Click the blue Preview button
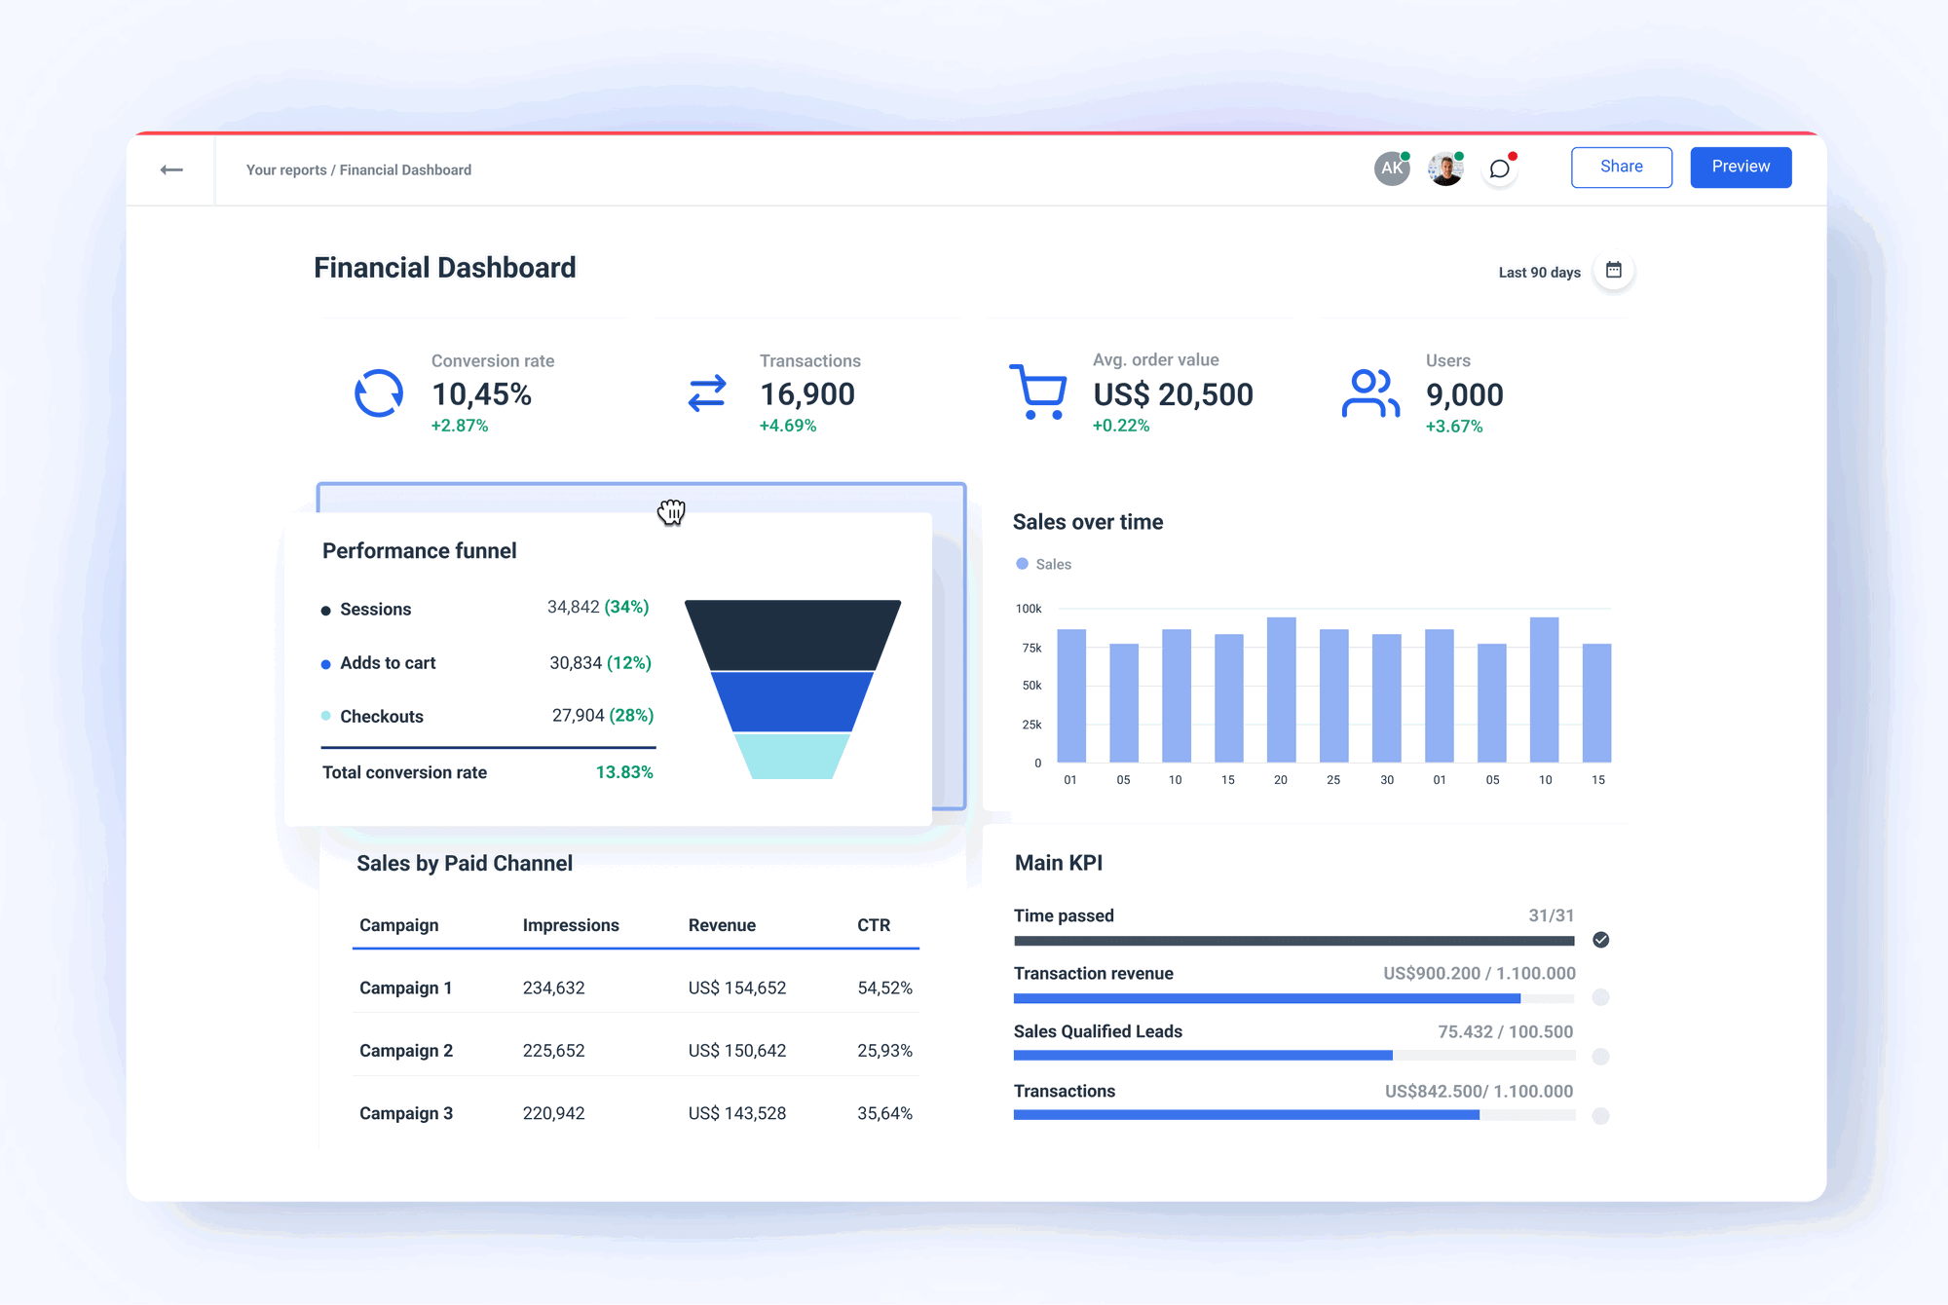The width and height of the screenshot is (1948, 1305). click(1740, 168)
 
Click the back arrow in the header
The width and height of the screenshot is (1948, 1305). click(171, 169)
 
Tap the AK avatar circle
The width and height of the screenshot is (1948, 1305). click(1391, 168)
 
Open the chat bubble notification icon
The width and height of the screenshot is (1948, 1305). click(1500, 169)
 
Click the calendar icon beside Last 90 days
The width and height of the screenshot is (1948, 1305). click(1613, 271)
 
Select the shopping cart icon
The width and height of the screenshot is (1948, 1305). click(1038, 391)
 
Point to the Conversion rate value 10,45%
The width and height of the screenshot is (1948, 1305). click(481, 394)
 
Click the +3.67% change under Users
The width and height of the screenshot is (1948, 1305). click(1453, 427)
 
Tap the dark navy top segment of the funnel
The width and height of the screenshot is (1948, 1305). click(792, 634)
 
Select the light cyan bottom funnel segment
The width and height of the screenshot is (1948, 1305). click(792, 757)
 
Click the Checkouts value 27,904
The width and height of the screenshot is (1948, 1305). click(578, 716)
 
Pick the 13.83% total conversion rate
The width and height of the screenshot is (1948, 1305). click(623, 772)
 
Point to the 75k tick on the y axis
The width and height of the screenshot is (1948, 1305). click(1031, 648)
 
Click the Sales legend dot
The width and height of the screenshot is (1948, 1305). click(1022, 564)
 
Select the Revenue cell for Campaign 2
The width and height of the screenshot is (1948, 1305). click(736, 1051)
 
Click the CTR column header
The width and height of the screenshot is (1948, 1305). click(873, 925)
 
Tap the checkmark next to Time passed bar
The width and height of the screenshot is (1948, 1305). click(1600, 940)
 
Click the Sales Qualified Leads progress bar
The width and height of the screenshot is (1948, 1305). click(1203, 1056)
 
